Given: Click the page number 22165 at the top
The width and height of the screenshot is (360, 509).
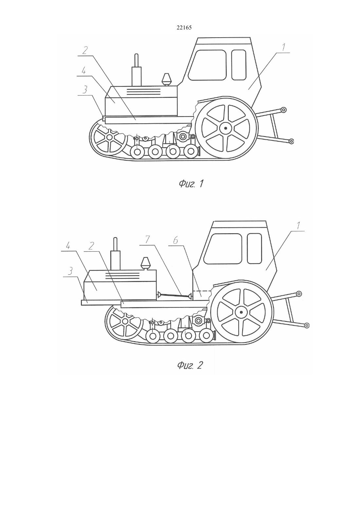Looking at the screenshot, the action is click(184, 28).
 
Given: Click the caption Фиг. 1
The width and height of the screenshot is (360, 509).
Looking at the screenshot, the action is click(191, 184).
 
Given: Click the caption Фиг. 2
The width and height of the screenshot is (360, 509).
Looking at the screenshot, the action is click(189, 366).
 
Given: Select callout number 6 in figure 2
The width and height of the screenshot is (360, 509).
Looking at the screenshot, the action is click(175, 240).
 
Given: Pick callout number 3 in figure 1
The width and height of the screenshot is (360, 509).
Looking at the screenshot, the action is click(84, 90).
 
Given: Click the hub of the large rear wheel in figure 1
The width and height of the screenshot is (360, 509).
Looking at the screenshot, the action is click(225, 128).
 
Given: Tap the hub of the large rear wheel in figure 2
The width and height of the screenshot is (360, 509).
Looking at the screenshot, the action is click(241, 312).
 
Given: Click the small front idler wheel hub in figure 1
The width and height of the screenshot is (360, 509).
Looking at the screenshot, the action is click(110, 137).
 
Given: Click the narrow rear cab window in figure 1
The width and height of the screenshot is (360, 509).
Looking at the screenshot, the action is click(239, 65).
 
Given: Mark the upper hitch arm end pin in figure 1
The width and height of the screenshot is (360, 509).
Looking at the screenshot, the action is click(283, 110).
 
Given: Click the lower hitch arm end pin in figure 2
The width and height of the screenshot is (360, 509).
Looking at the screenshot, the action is click(307, 325).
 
